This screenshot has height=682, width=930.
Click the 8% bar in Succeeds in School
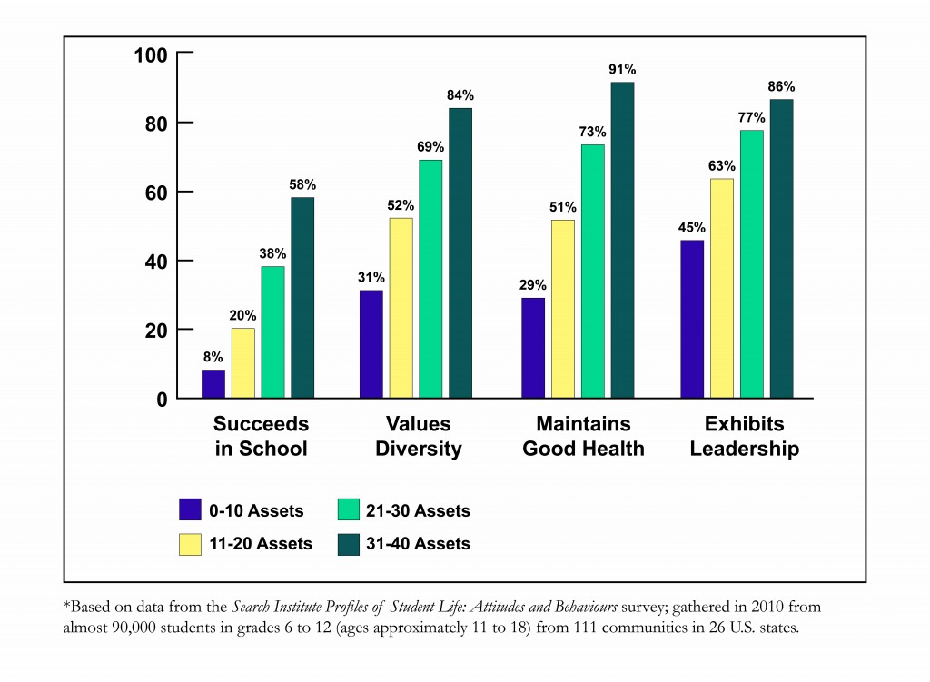pos(213,383)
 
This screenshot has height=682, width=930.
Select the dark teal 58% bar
pos(302,298)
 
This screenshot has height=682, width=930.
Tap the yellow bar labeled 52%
pos(401,308)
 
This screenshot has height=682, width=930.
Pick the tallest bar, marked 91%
pos(622,240)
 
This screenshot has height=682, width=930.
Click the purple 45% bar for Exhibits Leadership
pos(692,319)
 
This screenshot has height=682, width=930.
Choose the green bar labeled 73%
pos(592,271)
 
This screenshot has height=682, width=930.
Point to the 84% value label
pos(460,95)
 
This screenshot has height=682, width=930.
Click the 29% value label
pos(533,285)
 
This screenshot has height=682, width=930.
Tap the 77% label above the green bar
pos(751,117)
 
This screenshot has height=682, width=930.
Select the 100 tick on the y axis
pos(151,54)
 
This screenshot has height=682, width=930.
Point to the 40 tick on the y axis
pos(156,262)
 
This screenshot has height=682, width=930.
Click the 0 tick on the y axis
pos(162,399)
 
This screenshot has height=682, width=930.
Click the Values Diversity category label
pos(418,437)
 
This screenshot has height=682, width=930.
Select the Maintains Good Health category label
pos(583,437)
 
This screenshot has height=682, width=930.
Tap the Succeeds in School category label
pos(261,437)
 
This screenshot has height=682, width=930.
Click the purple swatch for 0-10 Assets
pos(190,509)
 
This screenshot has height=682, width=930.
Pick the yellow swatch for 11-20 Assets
pos(190,543)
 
